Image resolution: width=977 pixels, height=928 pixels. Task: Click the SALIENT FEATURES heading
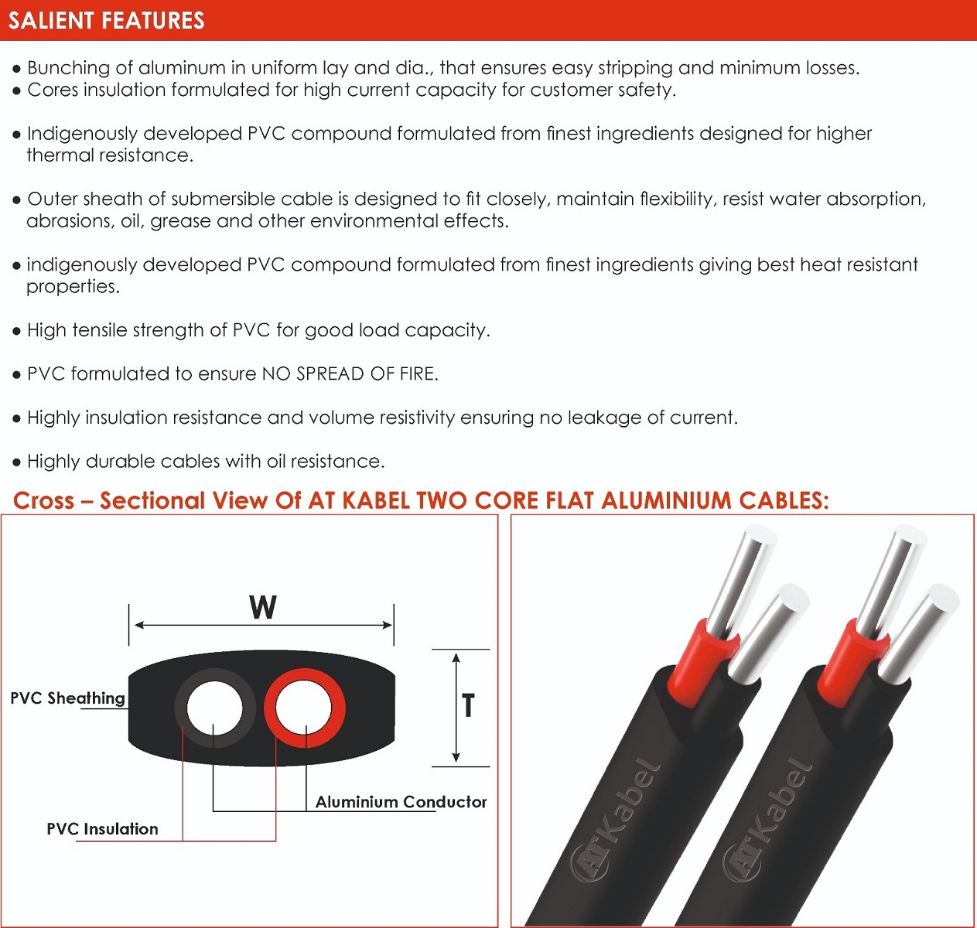click(106, 20)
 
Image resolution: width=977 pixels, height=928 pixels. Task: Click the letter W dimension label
click(262, 607)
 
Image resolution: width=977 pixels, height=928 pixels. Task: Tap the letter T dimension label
click(468, 705)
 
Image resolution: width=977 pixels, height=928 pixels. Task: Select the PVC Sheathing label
click(67, 698)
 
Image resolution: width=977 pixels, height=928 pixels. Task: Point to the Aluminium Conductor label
click(401, 802)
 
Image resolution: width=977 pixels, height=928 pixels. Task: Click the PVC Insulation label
click(102, 829)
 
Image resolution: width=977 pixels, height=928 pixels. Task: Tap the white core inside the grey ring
click(214, 708)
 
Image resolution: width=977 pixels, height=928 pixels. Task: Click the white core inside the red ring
click(305, 708)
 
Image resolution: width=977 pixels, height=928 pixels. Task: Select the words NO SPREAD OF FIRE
click(349, 374)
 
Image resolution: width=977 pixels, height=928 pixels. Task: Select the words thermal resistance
click(109, 155)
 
